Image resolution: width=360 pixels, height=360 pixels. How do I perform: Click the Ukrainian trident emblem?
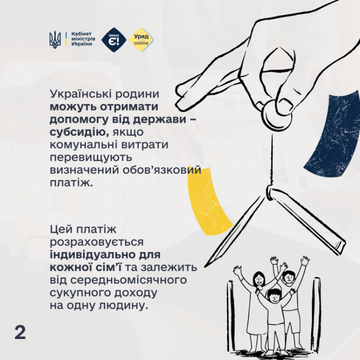click(55, 40)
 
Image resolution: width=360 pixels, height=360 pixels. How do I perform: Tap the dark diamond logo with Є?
click(114, 40)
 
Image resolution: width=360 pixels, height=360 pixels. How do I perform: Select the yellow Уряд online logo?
click(141, 40)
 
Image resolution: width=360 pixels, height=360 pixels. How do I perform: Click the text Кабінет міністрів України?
click(83, 39)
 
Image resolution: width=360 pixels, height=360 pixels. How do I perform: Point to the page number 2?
click(20, 332)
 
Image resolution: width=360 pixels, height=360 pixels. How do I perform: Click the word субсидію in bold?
click(79, 132)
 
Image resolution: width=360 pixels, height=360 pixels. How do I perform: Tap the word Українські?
click(82, 94)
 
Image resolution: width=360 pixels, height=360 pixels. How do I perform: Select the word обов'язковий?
click(162, 170)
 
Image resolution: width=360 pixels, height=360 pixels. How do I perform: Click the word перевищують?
click(90, 158)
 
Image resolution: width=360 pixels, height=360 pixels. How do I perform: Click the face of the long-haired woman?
click(259, 280)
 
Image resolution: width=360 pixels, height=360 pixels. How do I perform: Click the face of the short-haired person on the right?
click(289, 278)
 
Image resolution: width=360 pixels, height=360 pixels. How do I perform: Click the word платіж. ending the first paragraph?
click(71, 183)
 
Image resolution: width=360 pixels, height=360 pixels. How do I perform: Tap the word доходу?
click(135, 293)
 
